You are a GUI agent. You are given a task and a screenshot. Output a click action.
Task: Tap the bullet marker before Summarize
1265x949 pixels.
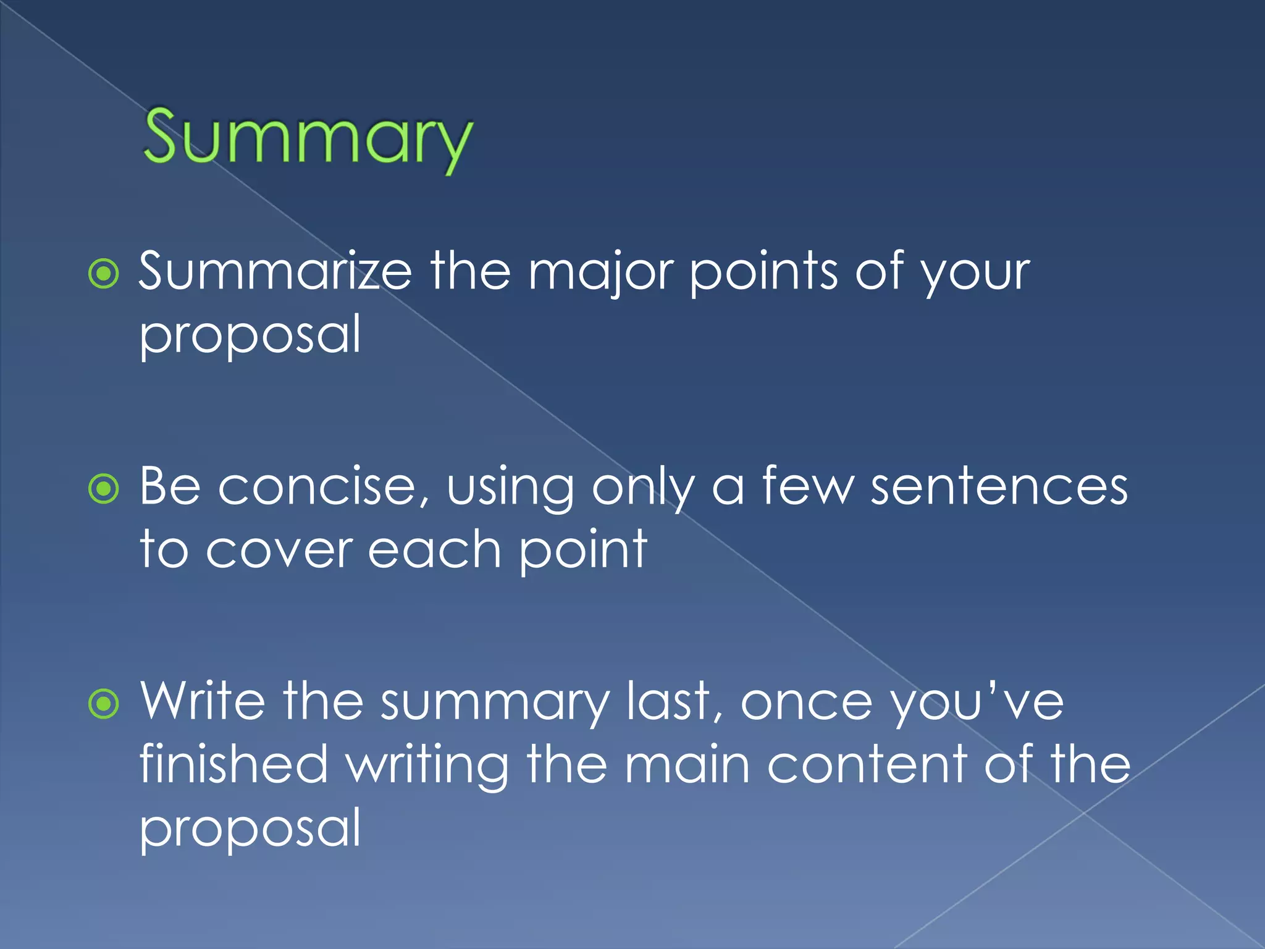(104, 274)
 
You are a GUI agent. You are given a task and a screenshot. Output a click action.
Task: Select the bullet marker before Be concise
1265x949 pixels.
(104, 489)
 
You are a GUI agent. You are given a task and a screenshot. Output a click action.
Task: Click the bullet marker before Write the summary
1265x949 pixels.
(104, 704)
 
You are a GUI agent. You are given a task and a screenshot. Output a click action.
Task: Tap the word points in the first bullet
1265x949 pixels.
(764, 272)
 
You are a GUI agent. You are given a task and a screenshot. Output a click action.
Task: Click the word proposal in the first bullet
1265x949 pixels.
(250, 335)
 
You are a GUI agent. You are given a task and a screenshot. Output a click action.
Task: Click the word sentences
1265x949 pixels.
(999, 487)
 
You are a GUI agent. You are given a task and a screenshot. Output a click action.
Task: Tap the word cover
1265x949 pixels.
(279, 550)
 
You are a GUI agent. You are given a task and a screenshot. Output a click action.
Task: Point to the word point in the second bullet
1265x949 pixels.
(582, 550)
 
